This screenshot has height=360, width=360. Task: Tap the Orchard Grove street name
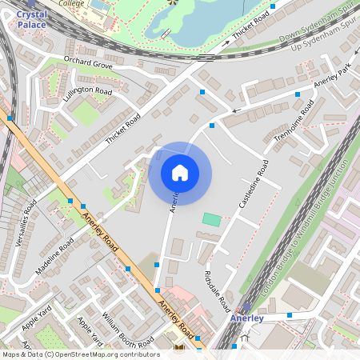tap(88, 62)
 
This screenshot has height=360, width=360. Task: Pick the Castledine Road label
tap(254, 184)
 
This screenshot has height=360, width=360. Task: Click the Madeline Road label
tap(54, 255)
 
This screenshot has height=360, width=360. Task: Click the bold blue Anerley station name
tap(246, 318)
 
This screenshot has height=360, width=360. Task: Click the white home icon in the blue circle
tap(180, 173)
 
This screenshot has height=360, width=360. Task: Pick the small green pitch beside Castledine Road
tap(211, 219)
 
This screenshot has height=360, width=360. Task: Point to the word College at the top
tap(72, 3)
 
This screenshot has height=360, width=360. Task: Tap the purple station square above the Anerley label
tap(246, 307)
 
